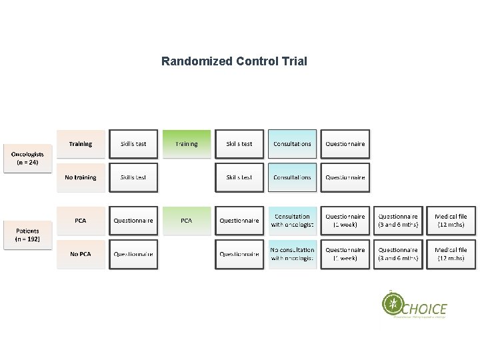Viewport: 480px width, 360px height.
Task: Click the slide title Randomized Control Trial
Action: click(234, 61)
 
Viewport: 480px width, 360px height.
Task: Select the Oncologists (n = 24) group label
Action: click(27, 158)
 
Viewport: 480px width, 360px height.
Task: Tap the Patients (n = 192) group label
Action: click(27, 234)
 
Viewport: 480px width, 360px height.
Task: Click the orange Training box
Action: click(81, 144)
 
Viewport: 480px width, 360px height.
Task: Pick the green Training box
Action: click(187, 144)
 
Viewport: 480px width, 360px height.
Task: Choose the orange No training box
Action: click(81, 178)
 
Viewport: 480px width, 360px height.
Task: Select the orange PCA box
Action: click(81, 221)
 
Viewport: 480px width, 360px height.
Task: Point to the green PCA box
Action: click(187, 221)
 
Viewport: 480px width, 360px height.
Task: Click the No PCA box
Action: click(81, 254)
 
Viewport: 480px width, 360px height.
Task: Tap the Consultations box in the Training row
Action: click(292, 144)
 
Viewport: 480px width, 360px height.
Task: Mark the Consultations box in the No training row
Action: click(292, 178)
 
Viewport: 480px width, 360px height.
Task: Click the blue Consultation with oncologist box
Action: click(292, 221)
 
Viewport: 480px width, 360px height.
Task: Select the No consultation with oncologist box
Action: click(292, 254)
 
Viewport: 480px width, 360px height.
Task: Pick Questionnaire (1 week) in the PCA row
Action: click(345, 221)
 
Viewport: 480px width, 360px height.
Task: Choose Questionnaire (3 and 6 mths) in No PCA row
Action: click(398, 254)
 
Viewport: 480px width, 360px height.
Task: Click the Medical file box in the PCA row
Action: click(451, 221)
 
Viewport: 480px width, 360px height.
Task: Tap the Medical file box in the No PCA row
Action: click(451, 254)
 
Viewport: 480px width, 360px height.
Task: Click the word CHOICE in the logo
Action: click(425, 309)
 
